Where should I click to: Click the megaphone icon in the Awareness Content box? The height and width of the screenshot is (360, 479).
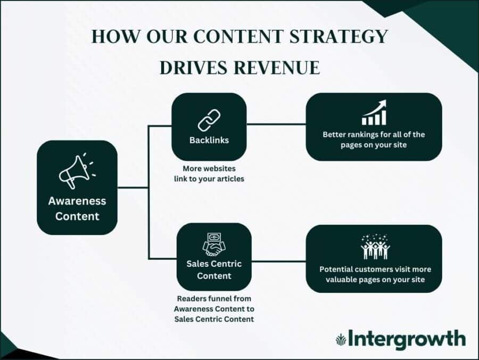click(x=76, y=171)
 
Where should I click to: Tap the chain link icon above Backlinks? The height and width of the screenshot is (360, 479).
click(x=209, y=120)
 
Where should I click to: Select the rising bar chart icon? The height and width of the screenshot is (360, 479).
click(x=374, y=113)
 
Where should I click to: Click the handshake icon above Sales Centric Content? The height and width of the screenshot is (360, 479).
click(x=213, y=244)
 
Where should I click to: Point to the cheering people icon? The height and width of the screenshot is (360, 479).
click(x=374, y=247)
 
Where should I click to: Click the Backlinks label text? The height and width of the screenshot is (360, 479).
click(x=209, y=141)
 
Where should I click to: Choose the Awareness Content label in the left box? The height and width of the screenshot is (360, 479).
click(x=77, y=209)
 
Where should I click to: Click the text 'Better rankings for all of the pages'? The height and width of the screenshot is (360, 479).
click(x=374, y=140)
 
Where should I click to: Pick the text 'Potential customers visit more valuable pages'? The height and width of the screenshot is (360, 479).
click(x=374, y=274)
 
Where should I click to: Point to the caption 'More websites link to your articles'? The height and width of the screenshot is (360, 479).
click(x=209, y=174)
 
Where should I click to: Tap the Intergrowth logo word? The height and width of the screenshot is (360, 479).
click(x=407, y=338)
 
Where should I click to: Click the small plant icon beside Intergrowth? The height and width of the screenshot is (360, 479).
click(x=341, y=339)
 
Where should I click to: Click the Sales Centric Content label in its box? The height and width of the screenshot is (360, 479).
click(x=214, y=269)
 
